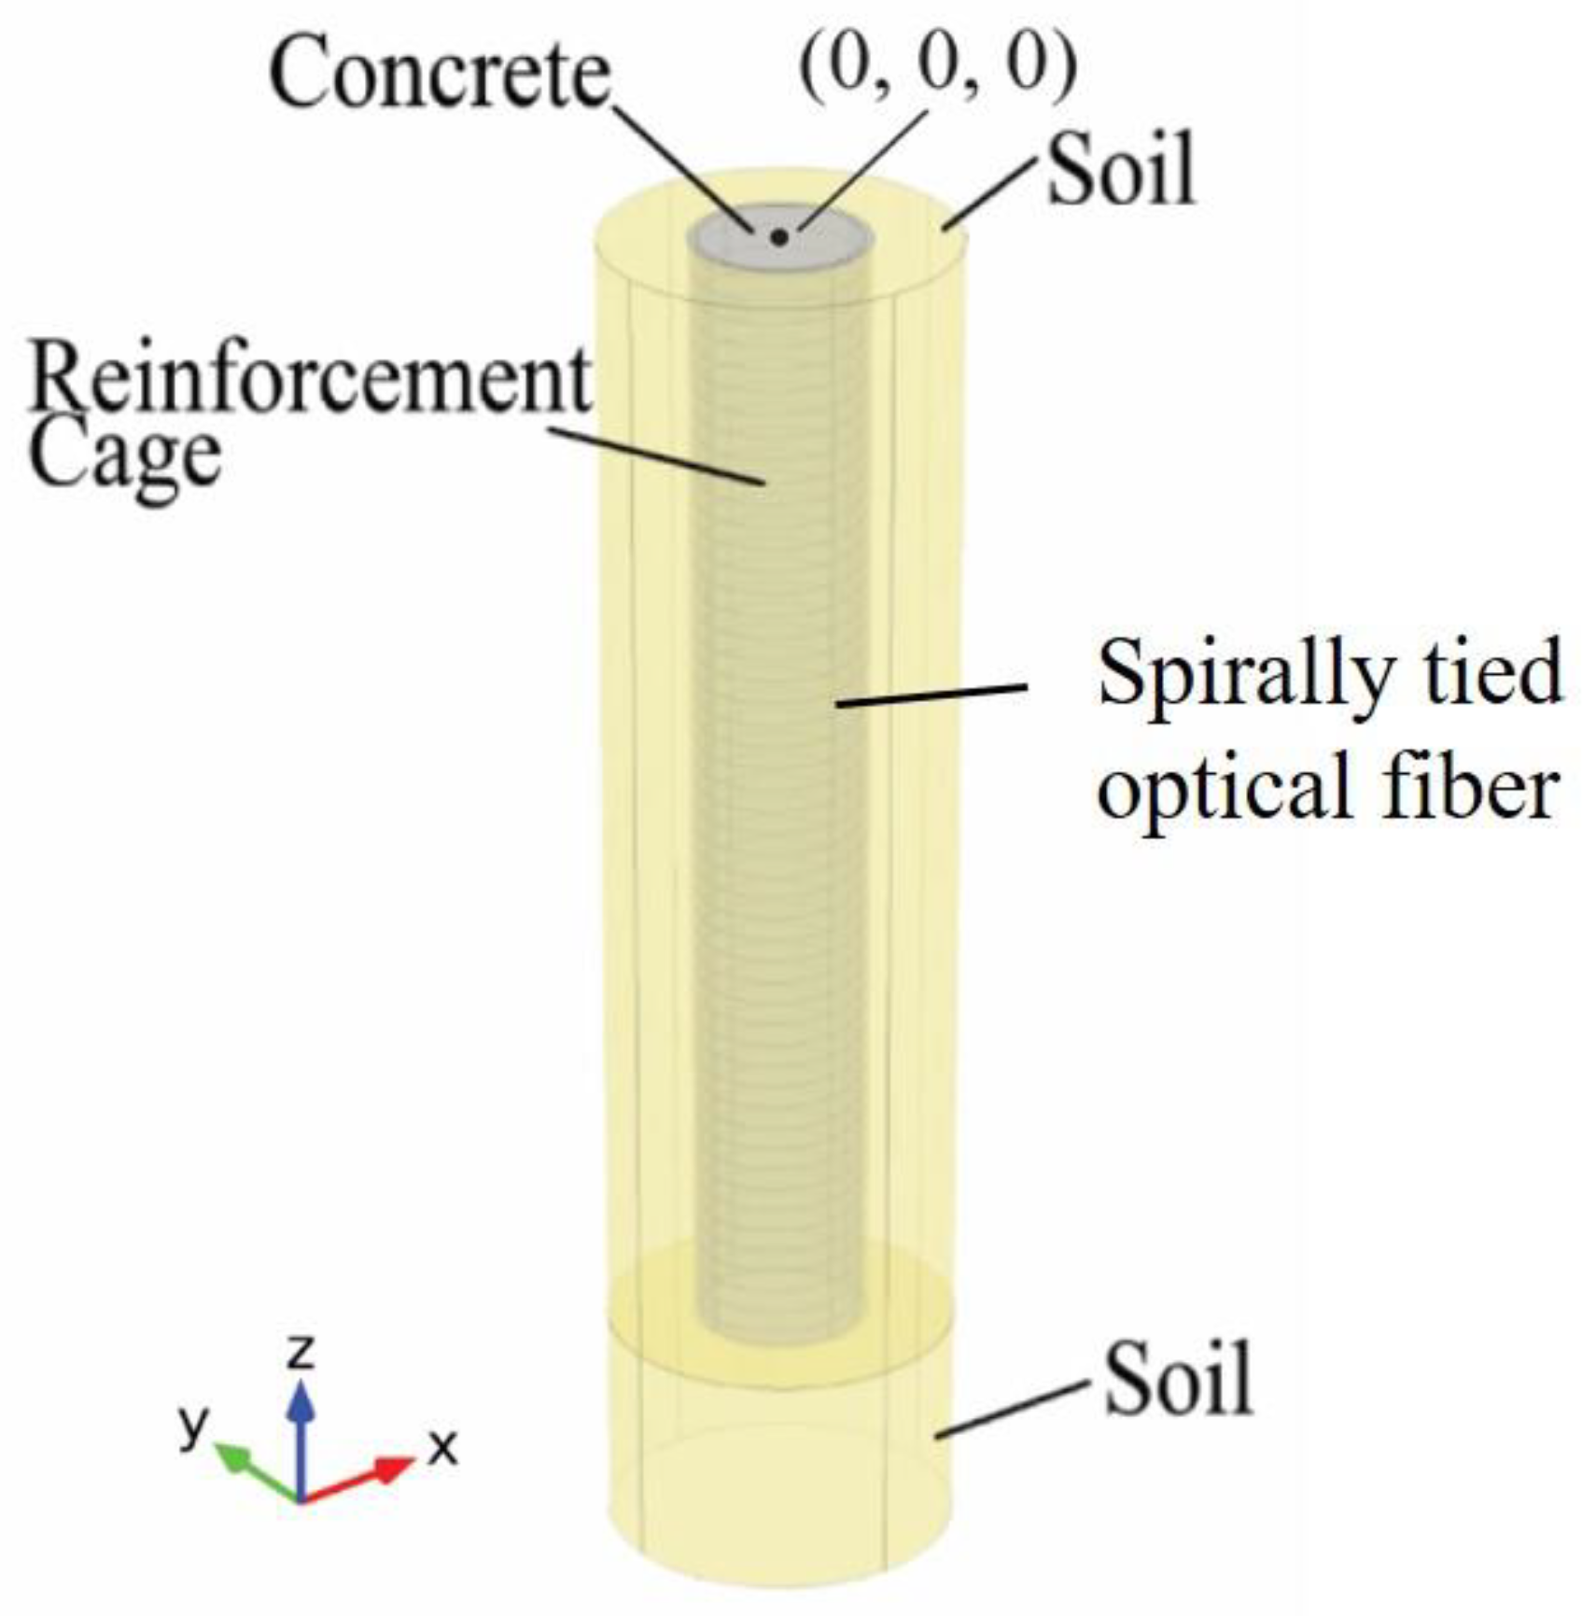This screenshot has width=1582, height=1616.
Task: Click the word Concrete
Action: [439, 75]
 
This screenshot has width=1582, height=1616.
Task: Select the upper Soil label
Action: [1121, 172]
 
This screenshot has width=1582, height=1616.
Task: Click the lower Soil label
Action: [1178, 1380]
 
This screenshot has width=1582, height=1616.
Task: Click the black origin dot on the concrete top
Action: [779, 238]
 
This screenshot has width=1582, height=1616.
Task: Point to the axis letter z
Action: [301, 1350]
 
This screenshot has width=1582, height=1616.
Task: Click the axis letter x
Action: [442, 1448]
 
